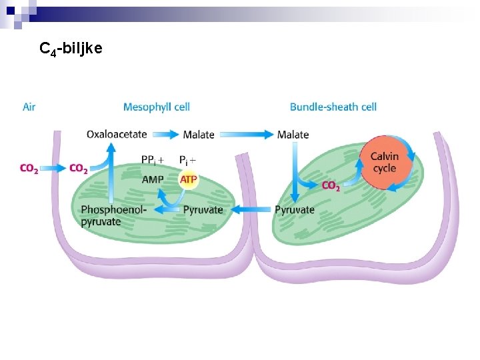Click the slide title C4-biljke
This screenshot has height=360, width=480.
(71, 49)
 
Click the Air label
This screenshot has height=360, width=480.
(29, 107)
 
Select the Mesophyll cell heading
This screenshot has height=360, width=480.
(156, 107)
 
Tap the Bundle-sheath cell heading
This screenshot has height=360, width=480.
(333, 107)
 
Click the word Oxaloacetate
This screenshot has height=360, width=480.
(117, 134)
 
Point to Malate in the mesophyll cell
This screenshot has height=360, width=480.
(199, 135)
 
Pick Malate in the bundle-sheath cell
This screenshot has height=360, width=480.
(293, 135)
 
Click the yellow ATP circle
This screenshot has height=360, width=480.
(189, 180)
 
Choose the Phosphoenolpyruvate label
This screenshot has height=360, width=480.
(113, 215)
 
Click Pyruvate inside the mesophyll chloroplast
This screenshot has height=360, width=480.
(203, 210)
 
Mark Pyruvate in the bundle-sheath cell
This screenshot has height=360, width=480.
(294, 210)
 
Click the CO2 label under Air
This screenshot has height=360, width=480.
(29, 169)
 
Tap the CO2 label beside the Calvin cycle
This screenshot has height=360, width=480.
(331, 186)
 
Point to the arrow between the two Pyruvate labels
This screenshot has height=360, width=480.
(249, 210)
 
